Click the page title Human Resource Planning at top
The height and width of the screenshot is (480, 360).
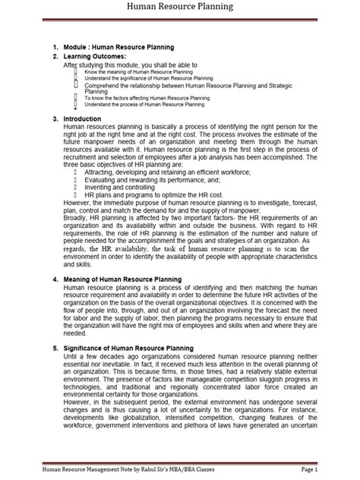(180, 8)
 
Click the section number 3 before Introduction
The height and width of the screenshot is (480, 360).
(55, 119)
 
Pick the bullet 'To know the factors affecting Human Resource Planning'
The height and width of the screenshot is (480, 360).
(148, 97)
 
